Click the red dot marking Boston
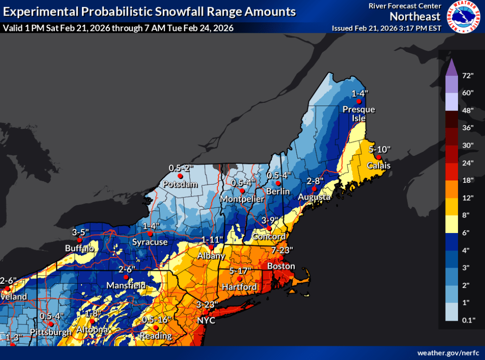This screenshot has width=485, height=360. point(281,258)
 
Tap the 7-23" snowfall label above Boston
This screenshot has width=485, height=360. point(282,250)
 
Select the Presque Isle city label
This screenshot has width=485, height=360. point(359,113)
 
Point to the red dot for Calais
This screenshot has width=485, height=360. point(378,157)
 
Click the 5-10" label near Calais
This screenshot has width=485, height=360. point(379,149)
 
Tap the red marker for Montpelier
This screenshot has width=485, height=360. point(242,191)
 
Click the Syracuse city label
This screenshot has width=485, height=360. point(150,242)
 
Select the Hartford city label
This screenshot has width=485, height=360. point(239,287)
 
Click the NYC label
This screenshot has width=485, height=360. point(207,321)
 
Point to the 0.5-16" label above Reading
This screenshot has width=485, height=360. point(156,319)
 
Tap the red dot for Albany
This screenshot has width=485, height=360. point(211,247)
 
